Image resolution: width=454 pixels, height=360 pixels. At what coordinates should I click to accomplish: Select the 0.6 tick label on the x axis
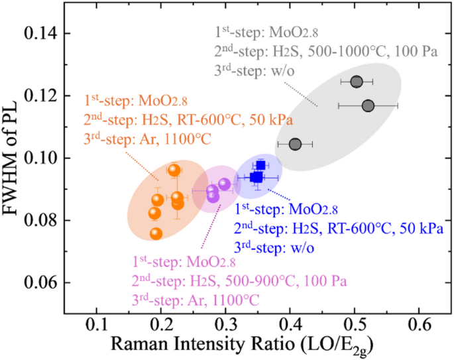click(419, 326)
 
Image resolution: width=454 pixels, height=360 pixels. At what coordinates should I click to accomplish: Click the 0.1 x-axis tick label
click(96, 326)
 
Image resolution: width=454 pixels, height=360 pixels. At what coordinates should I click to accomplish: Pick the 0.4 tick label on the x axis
click(290, 326)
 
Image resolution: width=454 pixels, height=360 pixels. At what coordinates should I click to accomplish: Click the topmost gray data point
click(357, 82)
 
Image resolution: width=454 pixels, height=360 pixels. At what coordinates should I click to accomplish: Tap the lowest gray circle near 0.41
click(296, 145)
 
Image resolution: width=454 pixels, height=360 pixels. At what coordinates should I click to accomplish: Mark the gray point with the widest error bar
click(368, 106)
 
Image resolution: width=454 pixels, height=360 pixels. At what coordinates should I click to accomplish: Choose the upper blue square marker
click(260, 165)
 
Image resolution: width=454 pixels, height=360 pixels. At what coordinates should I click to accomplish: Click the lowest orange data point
click(156, 234)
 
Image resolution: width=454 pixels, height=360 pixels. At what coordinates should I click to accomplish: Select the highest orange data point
click(174, 170)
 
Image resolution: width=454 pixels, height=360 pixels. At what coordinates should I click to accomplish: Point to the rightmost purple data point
click(224, 184)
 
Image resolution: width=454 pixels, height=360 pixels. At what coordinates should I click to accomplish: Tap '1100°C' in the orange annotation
click(188, 139)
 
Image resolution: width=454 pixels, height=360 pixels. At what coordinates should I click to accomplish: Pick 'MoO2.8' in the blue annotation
click(313, 210)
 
